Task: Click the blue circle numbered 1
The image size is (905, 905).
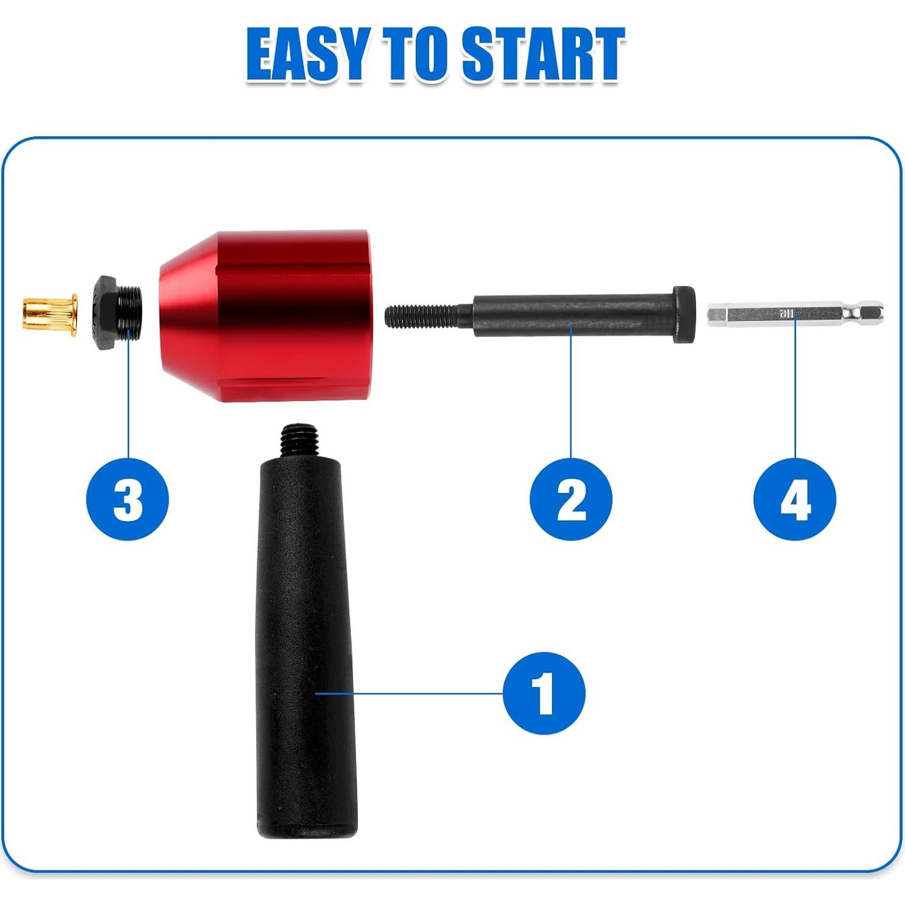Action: point(543,693)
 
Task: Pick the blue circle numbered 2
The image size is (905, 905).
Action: point(571,499)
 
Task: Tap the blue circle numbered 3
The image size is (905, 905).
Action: point(128,499)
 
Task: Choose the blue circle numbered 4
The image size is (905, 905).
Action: point(795,499)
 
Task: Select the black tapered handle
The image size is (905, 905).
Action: point(304,627)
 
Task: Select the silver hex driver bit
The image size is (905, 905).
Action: point(794,314)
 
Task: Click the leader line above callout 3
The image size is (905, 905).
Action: point(129,396)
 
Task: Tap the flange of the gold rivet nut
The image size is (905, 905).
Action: point(74,314)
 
